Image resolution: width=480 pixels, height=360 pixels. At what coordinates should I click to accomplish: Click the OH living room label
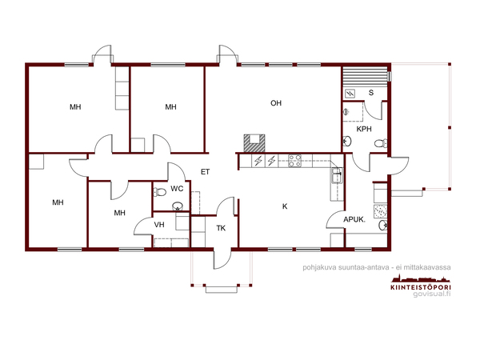tap(276, 103)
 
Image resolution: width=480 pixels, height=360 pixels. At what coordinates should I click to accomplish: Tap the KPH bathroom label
tap(364, 129)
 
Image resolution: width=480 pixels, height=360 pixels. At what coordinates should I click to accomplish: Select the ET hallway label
tap(205, 172)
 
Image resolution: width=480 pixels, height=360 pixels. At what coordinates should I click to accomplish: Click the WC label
tap(177, 189)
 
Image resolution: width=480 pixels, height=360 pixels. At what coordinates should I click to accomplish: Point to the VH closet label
tap(159, 225)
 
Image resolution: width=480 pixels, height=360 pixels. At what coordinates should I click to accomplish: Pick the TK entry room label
tap(221, 228)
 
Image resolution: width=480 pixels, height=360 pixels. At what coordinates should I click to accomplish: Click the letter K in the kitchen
tap(285, 206)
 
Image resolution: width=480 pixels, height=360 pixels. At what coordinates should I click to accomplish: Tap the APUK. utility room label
tap(354, 219)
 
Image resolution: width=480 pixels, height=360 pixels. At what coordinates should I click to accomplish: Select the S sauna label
tap(371, 93)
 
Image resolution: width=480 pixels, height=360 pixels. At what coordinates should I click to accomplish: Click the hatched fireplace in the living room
tap(254, 143)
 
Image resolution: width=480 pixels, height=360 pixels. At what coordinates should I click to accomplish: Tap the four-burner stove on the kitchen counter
tap(294, 161)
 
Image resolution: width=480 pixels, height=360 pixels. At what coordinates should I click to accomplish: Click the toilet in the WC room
tap(159, 192)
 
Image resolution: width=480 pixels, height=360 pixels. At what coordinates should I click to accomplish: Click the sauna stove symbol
tap(350, 94)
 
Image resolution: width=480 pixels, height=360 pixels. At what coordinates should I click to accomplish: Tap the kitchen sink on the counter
tap(336, 176)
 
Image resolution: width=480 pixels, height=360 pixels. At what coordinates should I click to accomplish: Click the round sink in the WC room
tap(178, 206)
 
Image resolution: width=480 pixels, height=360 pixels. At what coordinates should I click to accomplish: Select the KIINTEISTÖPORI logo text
tap(421, 287)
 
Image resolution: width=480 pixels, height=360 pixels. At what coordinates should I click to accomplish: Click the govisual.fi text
tap(432, 294)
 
